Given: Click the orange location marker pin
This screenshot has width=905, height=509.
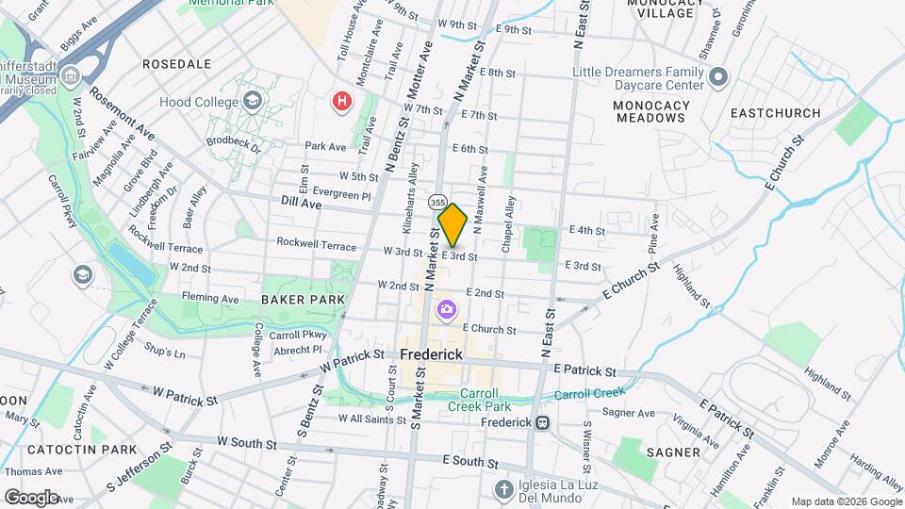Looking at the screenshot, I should tap(452, 225).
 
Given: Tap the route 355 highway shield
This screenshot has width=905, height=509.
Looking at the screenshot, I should tap(436, 203).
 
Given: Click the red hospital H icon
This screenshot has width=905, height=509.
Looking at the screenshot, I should tap(342, 100).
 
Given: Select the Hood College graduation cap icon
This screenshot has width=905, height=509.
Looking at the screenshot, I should tap(252, 100).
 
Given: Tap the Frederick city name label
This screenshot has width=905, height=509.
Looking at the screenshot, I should tap(430, 354).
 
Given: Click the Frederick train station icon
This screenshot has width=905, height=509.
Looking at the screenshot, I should tap(542, 422).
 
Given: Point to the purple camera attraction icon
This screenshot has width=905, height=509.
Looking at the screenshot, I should tap(446, 309).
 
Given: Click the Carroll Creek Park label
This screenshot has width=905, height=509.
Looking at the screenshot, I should tap(485, 400).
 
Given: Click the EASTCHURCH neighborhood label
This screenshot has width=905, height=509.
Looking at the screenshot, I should tap(775, 113).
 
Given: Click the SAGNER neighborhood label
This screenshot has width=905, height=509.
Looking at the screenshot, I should tap(673, 452).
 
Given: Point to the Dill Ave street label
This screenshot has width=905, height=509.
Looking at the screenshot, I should tap(302, 202).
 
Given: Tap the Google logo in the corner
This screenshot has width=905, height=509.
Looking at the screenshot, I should tap(30, 497).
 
